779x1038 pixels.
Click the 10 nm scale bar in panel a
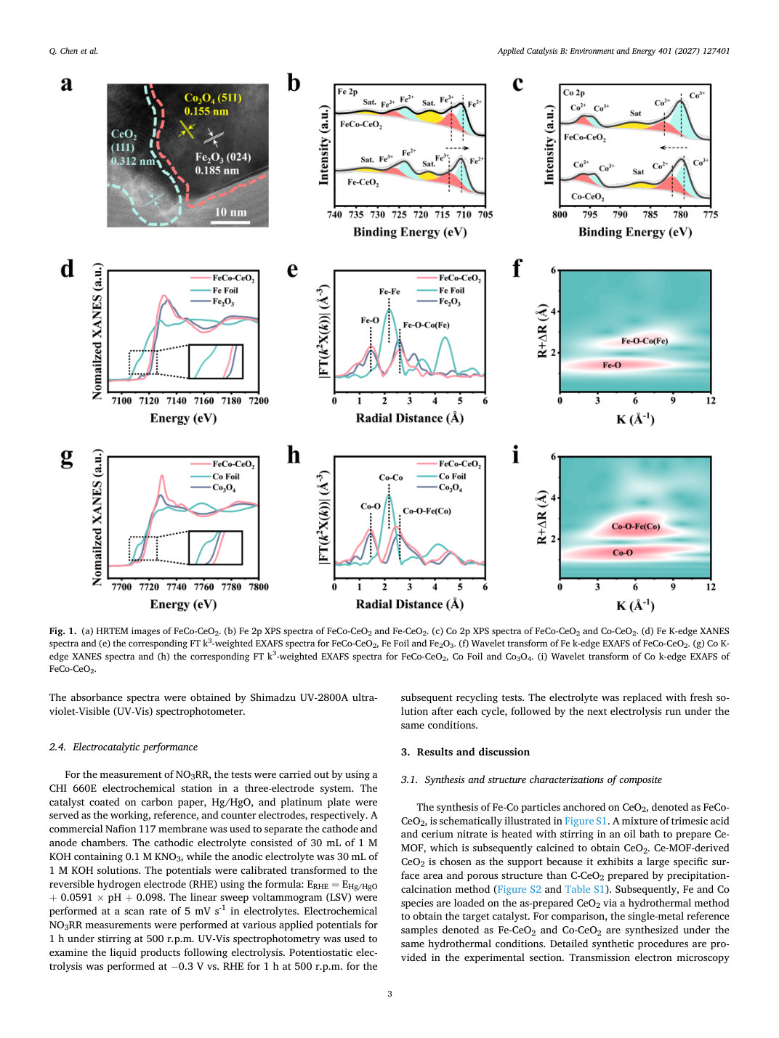pos(230,222)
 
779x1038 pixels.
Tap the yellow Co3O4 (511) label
pos(213,105)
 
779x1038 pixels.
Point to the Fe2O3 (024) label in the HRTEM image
pos(223,163)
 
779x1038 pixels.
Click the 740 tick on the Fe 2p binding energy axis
pos(334,215)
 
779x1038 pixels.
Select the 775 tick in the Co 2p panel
pos(711,215)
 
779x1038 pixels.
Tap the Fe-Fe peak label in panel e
pos(389,292)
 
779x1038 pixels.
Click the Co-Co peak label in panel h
pos(391,478)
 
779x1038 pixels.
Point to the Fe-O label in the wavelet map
pos(612,365)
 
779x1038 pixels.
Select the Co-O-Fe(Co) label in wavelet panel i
pos(636,527)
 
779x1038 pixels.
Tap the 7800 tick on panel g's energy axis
pos(258,587)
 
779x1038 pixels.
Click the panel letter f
pos(517,268)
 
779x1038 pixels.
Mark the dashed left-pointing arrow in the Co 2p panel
pos(674,147)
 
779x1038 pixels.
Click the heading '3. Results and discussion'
pos(465,752)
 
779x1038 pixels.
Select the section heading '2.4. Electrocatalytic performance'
pos(123,747)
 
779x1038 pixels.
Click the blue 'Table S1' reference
pos(584,890)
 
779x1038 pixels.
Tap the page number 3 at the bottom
pos(389,994)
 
